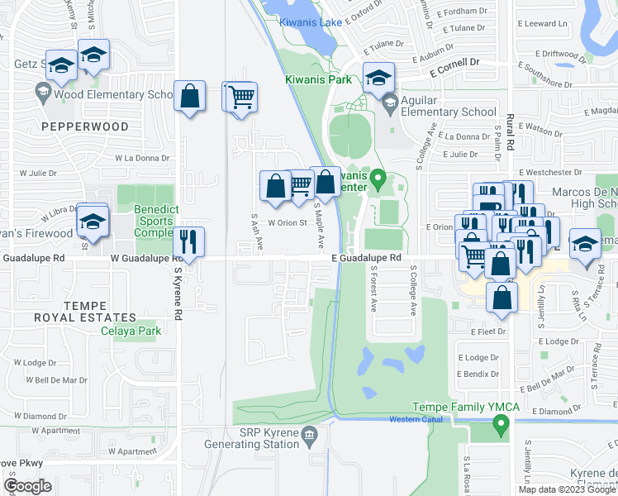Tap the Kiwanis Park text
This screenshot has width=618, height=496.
[318, 79]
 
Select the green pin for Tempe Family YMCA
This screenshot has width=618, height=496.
[500, 426]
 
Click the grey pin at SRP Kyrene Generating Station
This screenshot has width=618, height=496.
[309, 434]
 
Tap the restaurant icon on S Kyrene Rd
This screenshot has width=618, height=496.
[189, 241]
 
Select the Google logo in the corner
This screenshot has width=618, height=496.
[27, 485]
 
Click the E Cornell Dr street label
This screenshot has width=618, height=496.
[454, 62]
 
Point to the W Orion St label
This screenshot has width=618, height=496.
[286, 222]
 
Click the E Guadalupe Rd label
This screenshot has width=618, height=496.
[366, 258]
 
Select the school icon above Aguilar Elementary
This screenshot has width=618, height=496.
[378, 79]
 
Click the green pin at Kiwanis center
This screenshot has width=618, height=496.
[378, 177]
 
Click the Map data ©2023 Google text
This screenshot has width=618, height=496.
[566, 489]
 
